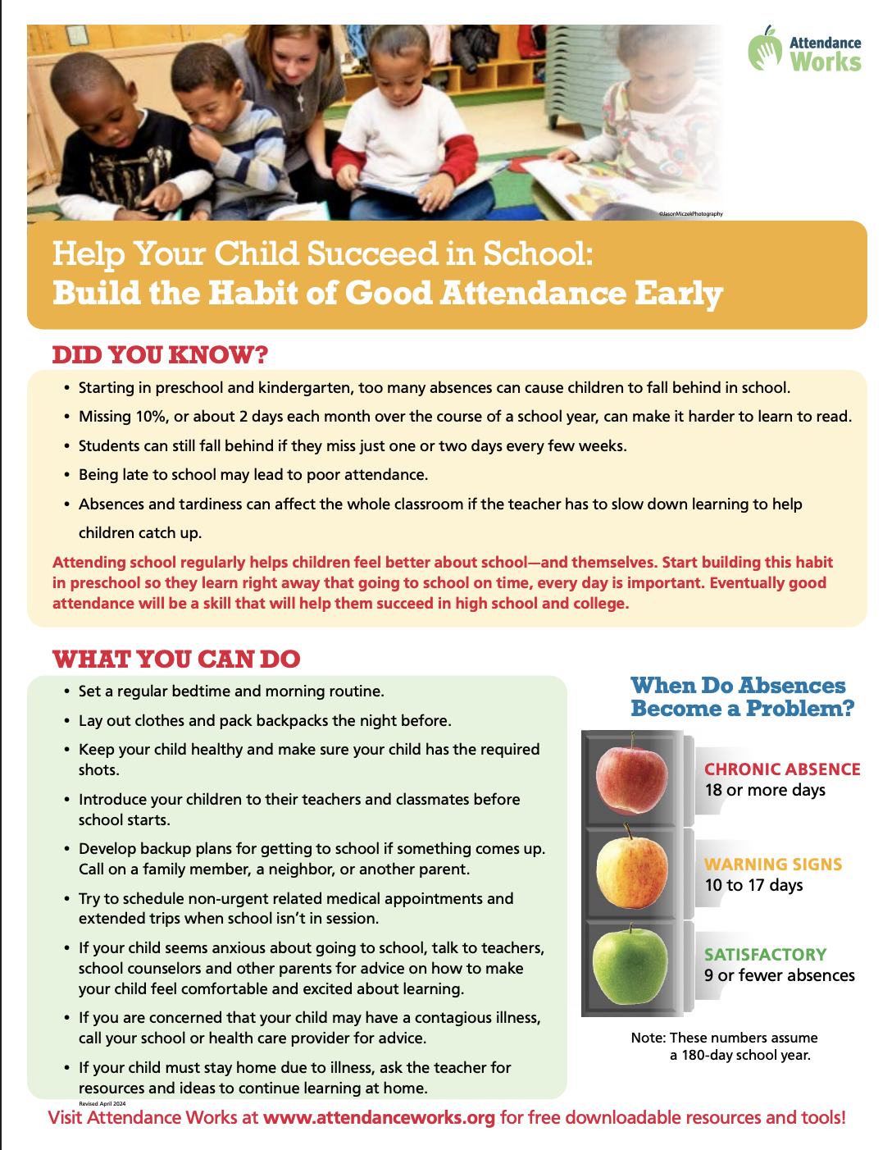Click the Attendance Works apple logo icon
coord(766,49)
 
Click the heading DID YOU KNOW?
coord(161,355)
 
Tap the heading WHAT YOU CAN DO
coord(176,659)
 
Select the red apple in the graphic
coord(631,778)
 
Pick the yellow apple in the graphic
coord(631,871)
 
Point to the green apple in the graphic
coord(630,966)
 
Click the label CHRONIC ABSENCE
coord(782,769)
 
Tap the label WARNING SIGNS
coord(773,865)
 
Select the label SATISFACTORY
coord(765,955)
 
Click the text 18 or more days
coord(765,791)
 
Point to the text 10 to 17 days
coord(753,886)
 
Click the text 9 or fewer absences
coord(779,976)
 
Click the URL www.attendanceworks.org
coord(379,1118)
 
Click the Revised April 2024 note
coord(102,1104)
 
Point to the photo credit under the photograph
coord(690,214)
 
